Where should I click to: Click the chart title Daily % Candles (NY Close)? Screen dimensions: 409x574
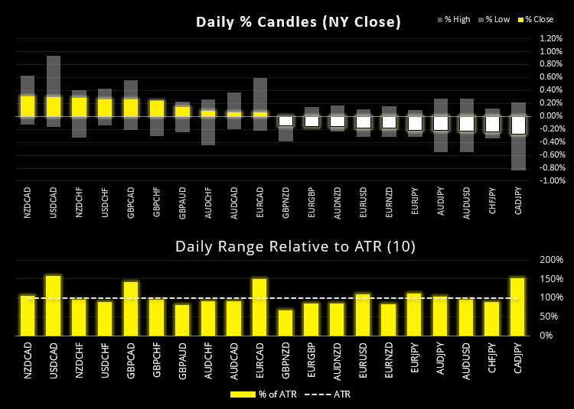tap(298, 22)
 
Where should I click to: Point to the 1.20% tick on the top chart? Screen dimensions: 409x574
tap(550, 37)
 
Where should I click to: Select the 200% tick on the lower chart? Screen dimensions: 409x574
tap(550, 260)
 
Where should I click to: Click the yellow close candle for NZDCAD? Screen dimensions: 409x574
tap(28, 105)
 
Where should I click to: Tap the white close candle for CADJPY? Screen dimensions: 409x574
tap(518, 125)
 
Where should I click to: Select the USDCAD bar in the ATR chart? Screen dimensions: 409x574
tap(54, 305)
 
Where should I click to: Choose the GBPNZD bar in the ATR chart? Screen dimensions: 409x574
tap(285, 322)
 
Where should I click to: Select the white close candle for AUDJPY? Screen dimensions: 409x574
tap(441, 123)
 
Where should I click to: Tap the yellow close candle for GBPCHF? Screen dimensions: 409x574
tap(157, 108)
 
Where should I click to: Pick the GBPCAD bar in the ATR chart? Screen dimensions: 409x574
tap(131, 308)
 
